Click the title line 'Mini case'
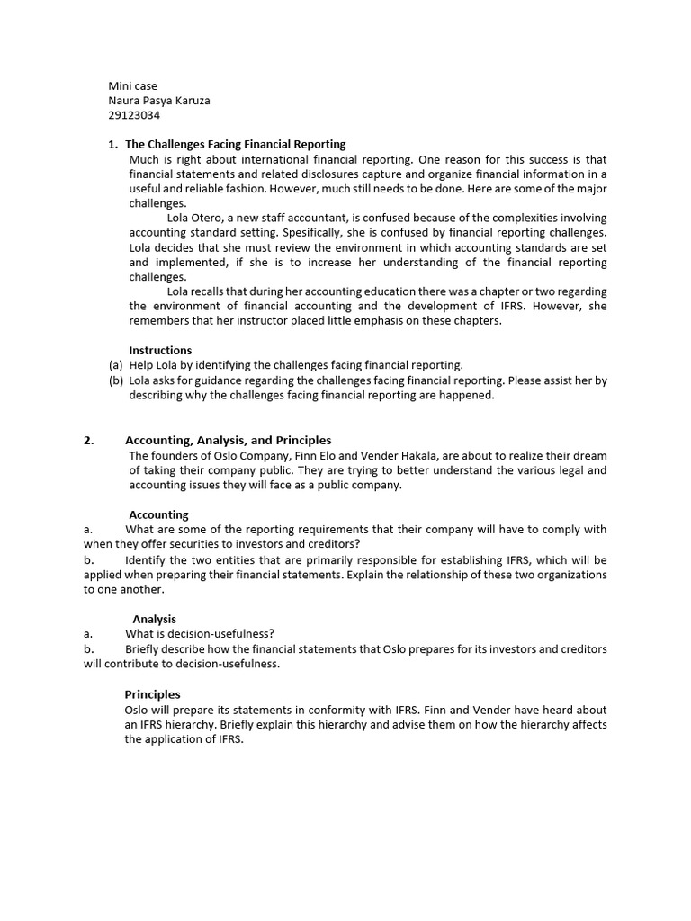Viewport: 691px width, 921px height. [132, 86]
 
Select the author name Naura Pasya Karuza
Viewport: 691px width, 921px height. [158, 101]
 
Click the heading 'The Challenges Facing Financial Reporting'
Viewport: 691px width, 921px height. [235, 144]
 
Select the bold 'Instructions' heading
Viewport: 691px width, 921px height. [160, 350]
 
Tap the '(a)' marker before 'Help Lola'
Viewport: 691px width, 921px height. [115, 365]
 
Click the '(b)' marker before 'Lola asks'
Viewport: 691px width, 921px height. [115, 380]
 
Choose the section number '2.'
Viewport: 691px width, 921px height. [89, 440]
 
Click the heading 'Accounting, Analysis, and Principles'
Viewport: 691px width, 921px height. [228, 440]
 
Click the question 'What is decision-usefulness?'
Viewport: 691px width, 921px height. [199, 633]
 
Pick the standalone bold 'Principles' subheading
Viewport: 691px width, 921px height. [152, 693]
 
